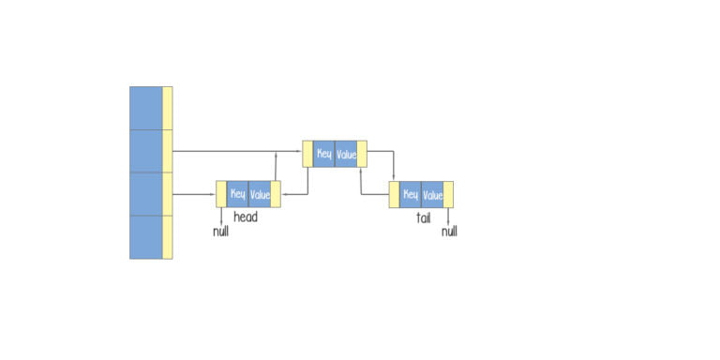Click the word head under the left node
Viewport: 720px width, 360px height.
(246, 217)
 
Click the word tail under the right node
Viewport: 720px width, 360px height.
(423, 217)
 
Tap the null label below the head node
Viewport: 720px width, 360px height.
(220, 231)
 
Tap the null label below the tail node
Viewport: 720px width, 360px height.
(449, 231)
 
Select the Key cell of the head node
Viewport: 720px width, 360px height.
(238, 195)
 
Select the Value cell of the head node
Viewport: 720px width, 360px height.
(260, 195)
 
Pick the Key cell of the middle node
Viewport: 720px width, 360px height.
(323, 154)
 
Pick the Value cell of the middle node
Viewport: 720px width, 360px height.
(346, 154)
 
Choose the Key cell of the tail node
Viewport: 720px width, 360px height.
(411, 195)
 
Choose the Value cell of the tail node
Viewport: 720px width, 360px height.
(432, 195)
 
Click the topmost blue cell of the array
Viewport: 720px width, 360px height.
(145, 108)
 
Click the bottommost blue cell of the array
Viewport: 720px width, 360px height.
(145, 237)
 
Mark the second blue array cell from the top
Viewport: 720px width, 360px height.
(145, 151)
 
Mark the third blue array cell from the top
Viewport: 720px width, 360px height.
(145, 194)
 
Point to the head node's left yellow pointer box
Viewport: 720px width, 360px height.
(221, 195)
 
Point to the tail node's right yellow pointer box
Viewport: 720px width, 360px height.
(449, 195)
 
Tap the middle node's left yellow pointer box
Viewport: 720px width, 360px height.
(307, 154)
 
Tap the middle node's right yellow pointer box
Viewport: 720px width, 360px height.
(362, 154)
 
